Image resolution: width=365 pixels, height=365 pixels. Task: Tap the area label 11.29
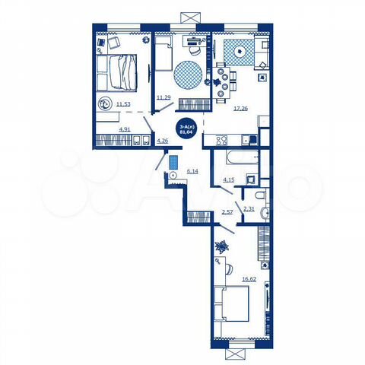coord(163,97)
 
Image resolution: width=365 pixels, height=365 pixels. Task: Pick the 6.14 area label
coord(192,172)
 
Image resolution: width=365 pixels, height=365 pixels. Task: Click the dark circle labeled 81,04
coord(184,129)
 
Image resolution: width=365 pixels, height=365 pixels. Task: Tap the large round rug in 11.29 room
coord(189,76)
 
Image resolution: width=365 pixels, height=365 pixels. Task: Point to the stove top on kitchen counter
coord(223,141)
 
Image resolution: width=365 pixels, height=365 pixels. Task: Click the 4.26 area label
coord(162,140)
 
